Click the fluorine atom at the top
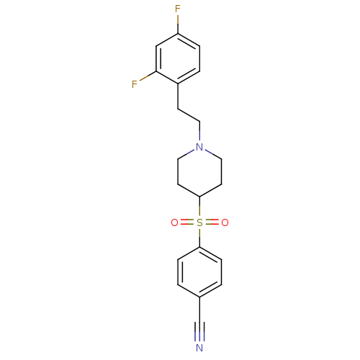coord(178,9)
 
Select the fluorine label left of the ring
coord(135,84)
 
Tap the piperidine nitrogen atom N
coord(199,147)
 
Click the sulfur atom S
coord(199,222)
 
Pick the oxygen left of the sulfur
coord(174,222)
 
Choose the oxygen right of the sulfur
coord(225,222)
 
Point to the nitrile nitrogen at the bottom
coord(199,348)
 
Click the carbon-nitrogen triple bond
coord(199,331)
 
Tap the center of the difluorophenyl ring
coord(178,58)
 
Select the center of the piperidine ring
coord(199,172)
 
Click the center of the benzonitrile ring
coord(199,272)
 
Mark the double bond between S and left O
coord(187,222)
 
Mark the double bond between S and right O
coord(212,222)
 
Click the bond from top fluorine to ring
coord(178,24)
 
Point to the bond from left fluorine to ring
coord(148,76)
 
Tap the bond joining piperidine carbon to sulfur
coord(199,207)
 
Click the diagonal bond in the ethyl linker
coord(189,115)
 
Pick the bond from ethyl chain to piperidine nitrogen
coord(199,132)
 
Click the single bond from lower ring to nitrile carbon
coord(199,310)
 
